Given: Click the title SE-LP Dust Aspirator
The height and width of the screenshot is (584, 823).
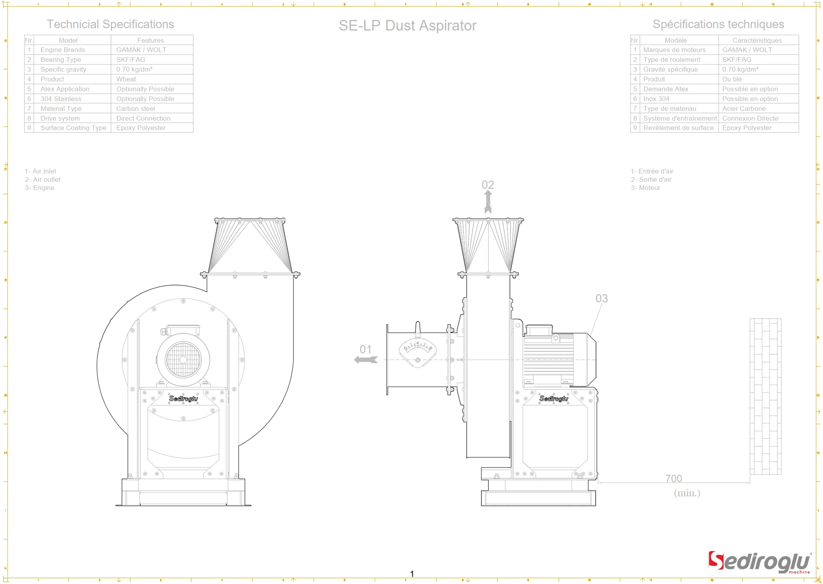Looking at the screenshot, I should [x=407, y=26].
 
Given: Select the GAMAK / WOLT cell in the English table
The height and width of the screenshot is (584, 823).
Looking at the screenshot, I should [x=141, y=50].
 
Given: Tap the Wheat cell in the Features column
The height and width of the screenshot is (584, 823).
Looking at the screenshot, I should [x=126, y=79].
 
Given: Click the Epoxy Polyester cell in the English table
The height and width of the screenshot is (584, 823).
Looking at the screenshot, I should [x=141, y=128].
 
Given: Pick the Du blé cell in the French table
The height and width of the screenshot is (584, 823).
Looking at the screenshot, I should [x=731, y=79].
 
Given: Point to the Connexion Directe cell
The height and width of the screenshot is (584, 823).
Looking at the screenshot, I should [x=750, y=118].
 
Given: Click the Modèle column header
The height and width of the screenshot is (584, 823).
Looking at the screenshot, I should [x=676, y=40].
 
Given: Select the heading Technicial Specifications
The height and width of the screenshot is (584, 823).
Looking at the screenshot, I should [x=110, y=24].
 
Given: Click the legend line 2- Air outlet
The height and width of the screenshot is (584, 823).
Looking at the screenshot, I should [x=43, y=179].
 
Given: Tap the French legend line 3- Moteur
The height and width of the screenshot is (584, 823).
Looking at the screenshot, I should [x=645, y=188].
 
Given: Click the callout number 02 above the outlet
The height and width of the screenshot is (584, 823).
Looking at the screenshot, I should [x=488, y=185].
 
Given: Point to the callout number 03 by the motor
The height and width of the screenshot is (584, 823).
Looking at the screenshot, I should [x=601, y=298].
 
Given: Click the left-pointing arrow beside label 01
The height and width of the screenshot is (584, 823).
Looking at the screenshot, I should [x=366, y=360].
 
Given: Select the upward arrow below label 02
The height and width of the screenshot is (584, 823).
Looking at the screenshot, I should [x=488, y=202].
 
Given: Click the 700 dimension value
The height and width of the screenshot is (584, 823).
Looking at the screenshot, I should [x=673, y=479].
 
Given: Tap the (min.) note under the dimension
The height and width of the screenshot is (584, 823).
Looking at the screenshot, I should [x=687, y=493].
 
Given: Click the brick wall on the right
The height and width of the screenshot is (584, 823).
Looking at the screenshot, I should [x=765, y=396].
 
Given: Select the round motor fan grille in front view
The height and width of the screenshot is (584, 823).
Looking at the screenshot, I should [x=183, y=360].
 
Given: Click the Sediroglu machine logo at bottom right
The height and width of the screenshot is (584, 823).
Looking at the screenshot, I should [x=759, y=562].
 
